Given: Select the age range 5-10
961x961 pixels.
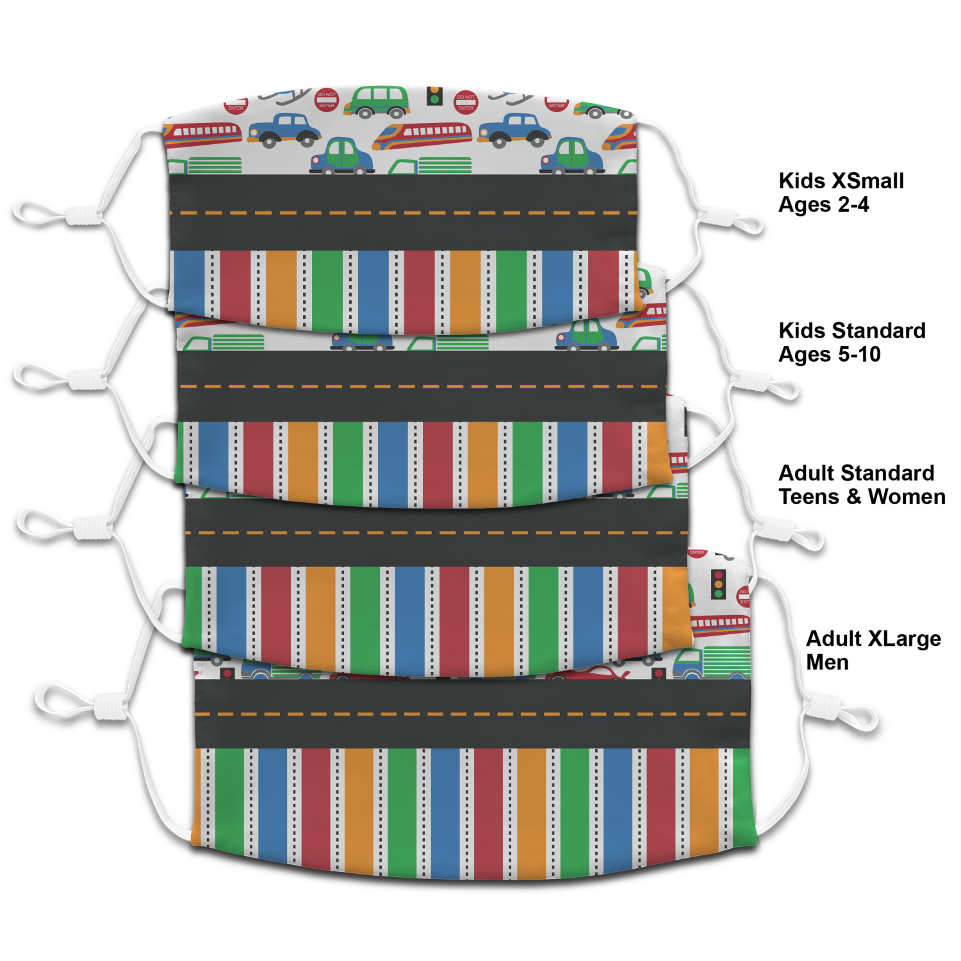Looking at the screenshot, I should click(x=857, y=355).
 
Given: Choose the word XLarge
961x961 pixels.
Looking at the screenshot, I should click(x=904, y=639).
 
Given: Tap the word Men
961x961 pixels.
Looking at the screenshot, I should click(x=827, y=662).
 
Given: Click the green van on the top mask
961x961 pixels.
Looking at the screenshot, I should click(x=377, y=102).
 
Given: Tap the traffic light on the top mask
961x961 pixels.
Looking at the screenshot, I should click(x=434, y=96).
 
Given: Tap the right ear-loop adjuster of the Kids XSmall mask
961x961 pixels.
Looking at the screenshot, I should click(x=718, y=218).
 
